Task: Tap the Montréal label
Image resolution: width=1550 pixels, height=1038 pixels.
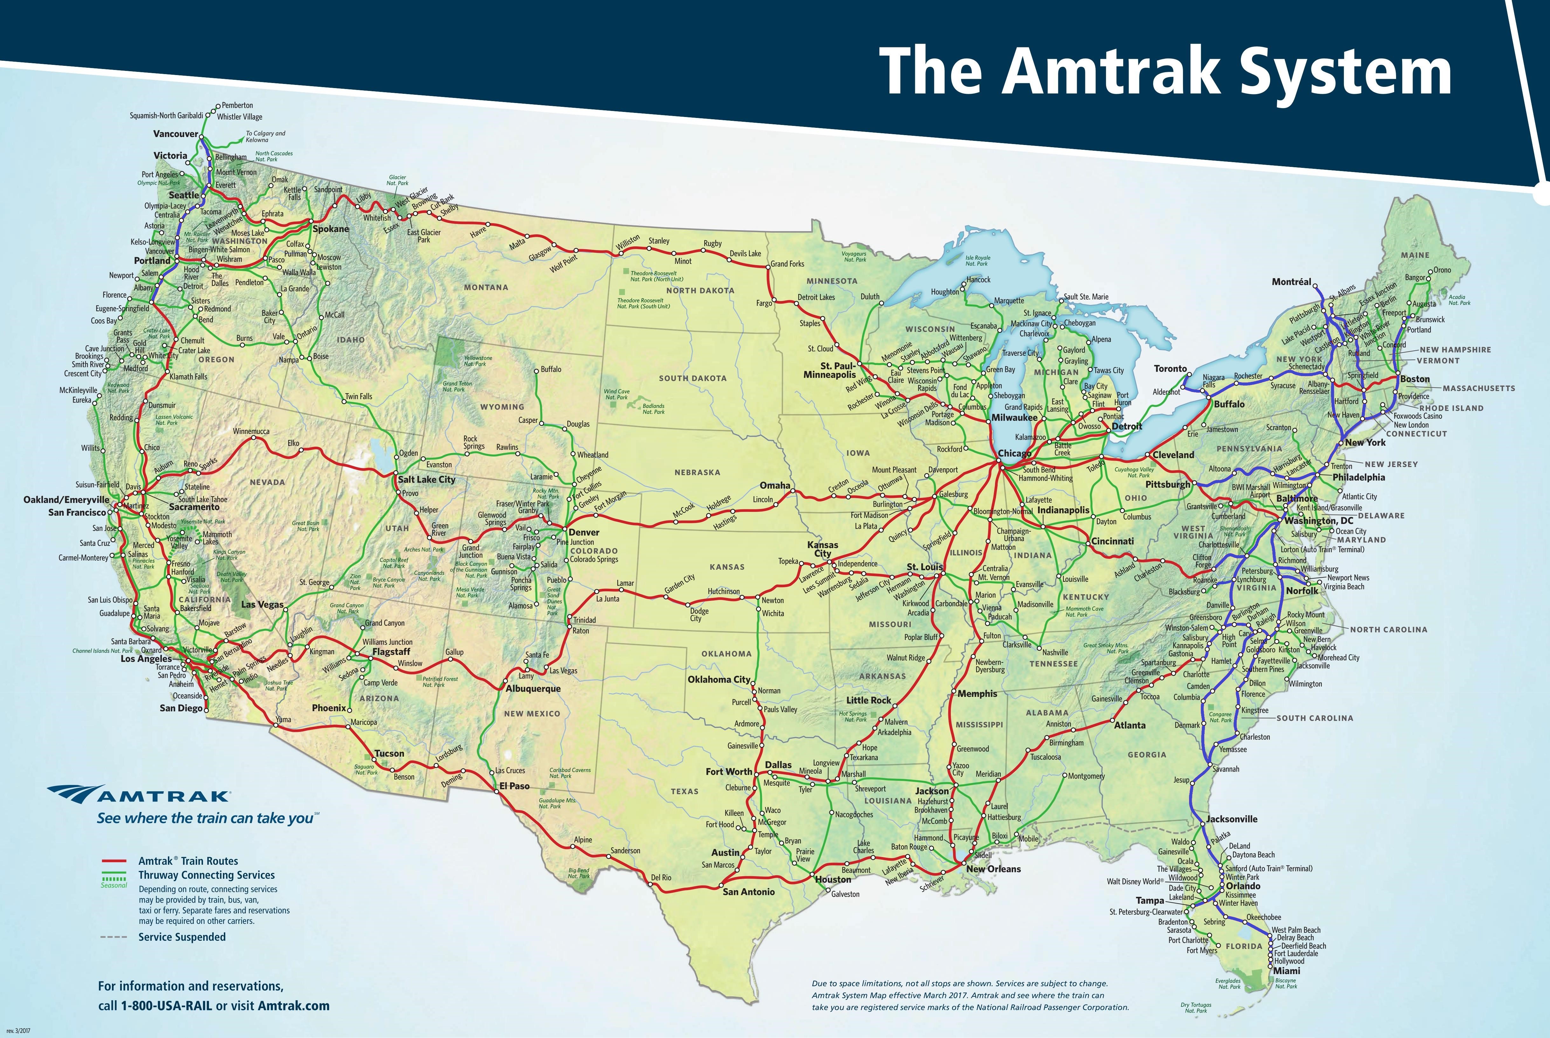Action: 1291,282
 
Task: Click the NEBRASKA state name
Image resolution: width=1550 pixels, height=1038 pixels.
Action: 697,473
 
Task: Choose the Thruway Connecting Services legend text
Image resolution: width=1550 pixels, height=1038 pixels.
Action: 206,875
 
